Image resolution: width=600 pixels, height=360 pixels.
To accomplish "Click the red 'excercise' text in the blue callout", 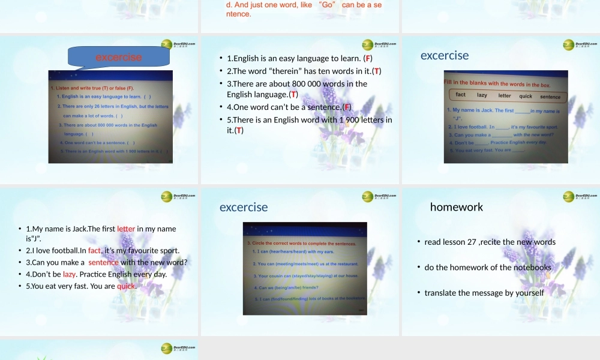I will pos(119,58).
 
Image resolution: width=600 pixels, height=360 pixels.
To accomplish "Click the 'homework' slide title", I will pos(456,207).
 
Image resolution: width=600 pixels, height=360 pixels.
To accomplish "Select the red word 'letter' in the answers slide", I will pos(126,229).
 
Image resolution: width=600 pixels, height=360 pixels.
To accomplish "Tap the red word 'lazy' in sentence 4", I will pos(69,274).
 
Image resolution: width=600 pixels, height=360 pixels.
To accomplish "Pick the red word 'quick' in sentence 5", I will pos(127,286).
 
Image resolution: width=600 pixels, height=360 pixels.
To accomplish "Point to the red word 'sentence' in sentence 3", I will pos(104,262).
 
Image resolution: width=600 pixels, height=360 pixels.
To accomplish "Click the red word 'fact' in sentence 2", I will pos(95,250).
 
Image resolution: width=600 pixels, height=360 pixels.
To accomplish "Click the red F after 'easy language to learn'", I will pos(369,58).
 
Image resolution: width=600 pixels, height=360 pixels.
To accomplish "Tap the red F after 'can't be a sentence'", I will pos(346,107).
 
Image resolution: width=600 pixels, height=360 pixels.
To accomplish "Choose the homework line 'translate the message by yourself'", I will pos(484,293).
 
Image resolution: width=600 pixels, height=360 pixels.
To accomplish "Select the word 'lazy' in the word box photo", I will pos(482,95).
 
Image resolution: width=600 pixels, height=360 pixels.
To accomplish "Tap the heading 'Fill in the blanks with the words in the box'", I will pos(497,84).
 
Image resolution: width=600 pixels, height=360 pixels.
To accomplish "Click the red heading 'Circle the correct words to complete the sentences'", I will pos(301,244).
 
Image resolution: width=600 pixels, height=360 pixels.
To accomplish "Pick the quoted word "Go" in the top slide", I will pos(327,5).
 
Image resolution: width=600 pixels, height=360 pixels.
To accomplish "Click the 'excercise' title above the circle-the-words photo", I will pos(244,207).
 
